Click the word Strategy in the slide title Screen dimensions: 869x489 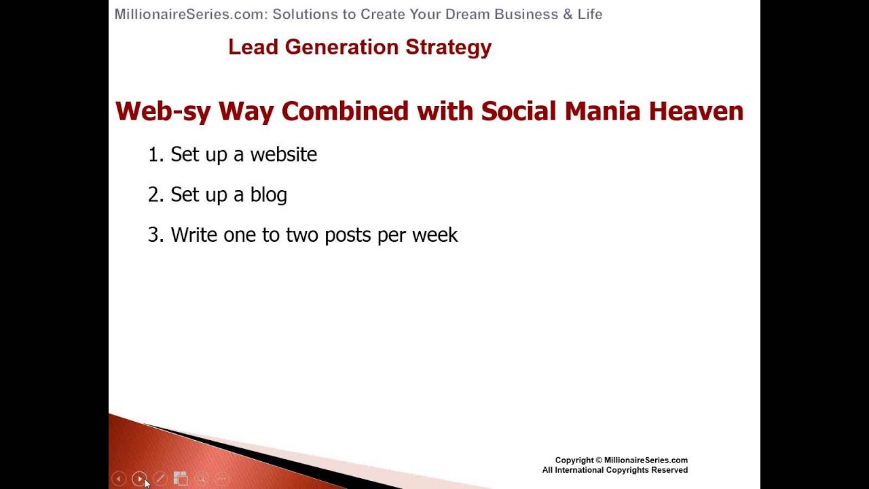[449, 48]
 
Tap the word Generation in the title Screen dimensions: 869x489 [341, 47]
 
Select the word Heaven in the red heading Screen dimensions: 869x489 [696, 111]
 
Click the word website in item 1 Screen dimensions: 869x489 [284, 154]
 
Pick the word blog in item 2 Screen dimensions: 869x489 [268, 194]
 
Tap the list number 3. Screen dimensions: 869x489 [155, 235]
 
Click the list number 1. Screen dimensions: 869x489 [155, 154]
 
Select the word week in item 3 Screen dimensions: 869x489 [435, 235]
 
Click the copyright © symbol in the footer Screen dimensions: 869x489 [599, 460]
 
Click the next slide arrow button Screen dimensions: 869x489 [139, 479]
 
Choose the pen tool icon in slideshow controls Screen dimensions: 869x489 [160, 479]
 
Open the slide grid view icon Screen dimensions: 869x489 [181, 479]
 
